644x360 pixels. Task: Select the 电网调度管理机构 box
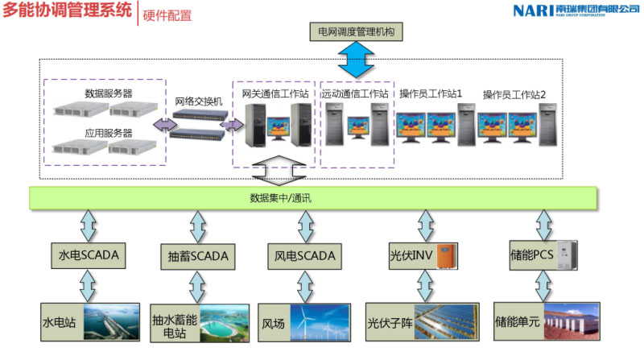355,32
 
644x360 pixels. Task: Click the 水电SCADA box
89,256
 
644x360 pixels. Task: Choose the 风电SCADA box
301,256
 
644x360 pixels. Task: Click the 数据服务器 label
108,93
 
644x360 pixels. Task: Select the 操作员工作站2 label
514,94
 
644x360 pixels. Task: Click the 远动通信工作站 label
355,94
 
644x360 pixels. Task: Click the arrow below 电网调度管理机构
355,57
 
